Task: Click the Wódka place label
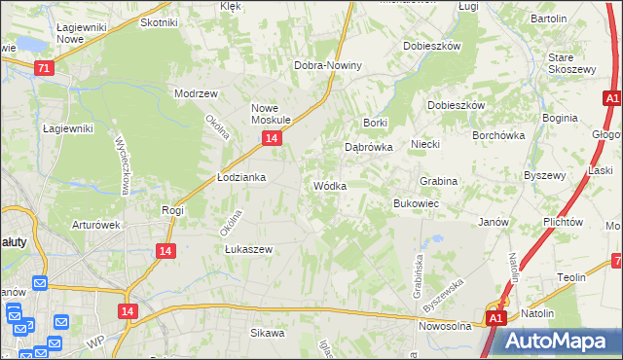(x=330, y=186)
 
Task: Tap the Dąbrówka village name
(x=369, y=148)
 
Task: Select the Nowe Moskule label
(x=272, y=114)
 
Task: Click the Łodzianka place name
(x=240, y=178)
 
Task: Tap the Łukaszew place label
(x=248, y=249)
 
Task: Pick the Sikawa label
(x=267, y=333)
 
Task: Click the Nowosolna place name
(x=446, y=327)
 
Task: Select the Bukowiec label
(x=416, y=204)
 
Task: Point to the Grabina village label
(x=438, y=182)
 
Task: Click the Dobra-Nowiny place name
(x=328, y=66)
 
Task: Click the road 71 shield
(x=43, y=68)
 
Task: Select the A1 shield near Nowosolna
(x=495, y=318)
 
